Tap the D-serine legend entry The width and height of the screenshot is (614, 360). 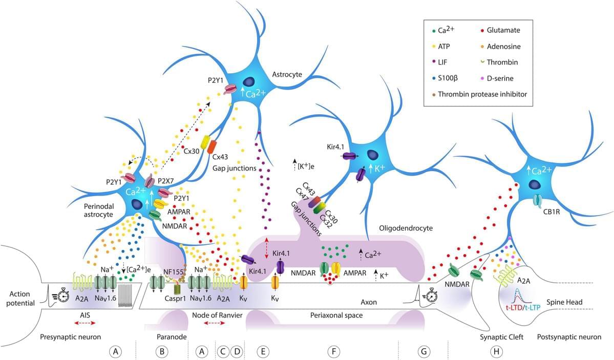pyautogui.click(x=501, y=78)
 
